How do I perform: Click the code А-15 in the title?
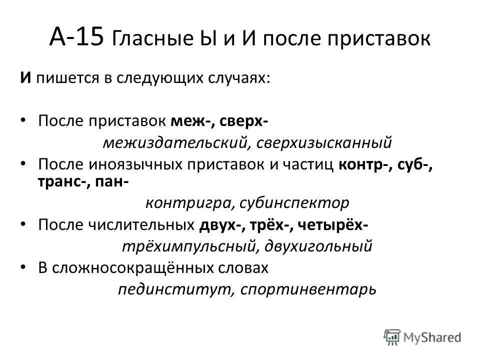[78, 38]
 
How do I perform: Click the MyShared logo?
[423, 336]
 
